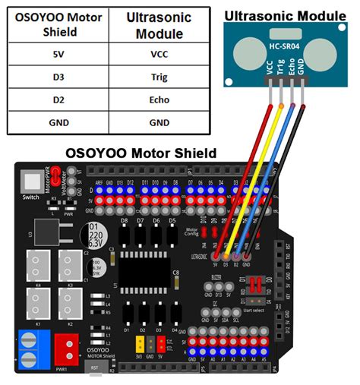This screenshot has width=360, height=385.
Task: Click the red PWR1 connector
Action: [68, 350]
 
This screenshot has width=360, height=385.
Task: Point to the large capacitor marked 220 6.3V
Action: [95, 235]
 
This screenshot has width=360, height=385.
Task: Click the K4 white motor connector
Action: [36, 264]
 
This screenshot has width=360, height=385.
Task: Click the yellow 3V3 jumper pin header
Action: [141, 344]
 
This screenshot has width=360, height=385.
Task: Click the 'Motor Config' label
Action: [192, 232]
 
